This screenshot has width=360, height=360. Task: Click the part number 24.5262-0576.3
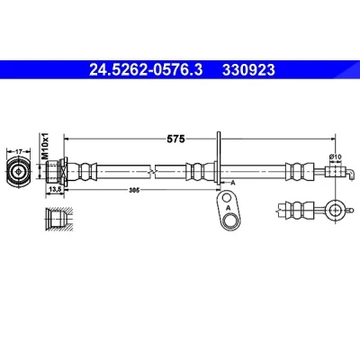coord(146,70)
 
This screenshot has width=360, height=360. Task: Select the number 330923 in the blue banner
coord(248,70)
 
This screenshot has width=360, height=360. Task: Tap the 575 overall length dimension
coord(175,139)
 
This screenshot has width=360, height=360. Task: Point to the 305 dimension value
coord(132,190)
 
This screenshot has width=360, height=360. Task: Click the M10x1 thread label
coord(45,146)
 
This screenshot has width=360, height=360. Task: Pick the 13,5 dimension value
coord(55,189)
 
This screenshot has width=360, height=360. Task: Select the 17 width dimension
coord(19,152)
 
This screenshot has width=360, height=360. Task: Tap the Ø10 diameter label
coord(335,157)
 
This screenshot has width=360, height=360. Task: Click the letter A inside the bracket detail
coord(228,208)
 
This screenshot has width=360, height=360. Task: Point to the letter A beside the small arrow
coord(232,183)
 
